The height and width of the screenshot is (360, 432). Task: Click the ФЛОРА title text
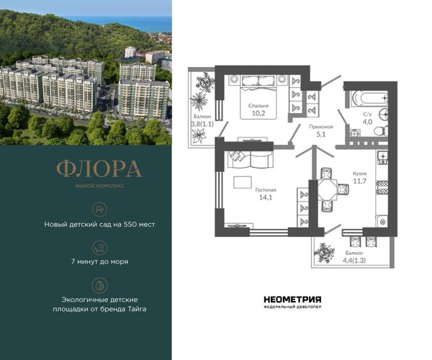click(x=99, y=168)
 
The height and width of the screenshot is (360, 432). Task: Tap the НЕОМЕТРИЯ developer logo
click(x=292, y=300)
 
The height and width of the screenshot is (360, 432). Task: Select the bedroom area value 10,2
click(x=258, y=113)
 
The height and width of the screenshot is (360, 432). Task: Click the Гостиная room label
click(x=266, y=190)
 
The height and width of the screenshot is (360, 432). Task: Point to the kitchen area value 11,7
click(x=360, y=181)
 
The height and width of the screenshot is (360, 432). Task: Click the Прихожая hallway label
click(x=321, y=127)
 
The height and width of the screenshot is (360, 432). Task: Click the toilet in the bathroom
click(x=381, y=130)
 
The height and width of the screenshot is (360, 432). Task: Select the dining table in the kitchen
click(x=328, y=189)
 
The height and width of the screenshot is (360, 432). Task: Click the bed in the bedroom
click(x=258, y=97)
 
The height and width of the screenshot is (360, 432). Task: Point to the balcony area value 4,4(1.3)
click(x=354, y=261)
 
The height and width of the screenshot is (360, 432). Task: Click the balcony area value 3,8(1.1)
click(x=202, y=124)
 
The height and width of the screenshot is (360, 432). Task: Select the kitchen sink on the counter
click(x=382, y=158)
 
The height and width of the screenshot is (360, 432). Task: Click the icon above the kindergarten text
click(x=99, y=210)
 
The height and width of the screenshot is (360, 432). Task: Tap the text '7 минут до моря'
click(x=100, y=261)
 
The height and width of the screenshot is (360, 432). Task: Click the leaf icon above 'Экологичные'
click(x=99, y=285)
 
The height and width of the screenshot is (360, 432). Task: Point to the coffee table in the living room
click(x=243, y=182)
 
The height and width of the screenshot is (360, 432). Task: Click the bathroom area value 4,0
click(x=367, y=122)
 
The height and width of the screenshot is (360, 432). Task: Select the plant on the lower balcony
click(x=325, y=253)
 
